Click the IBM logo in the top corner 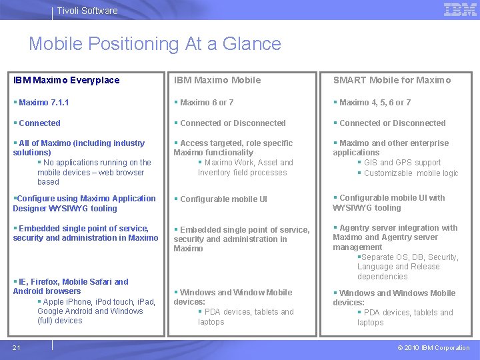(x=460, y=9)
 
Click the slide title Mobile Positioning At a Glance (x=155, y=44)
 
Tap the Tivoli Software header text (x=87, y=11)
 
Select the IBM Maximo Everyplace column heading (x=67, y=80)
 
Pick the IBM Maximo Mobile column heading (x=217, y=80)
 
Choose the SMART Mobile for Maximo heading (x=392, y=80)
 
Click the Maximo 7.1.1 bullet (x=44, y=103)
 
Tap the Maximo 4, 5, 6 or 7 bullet (x=375, y=103)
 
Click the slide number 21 (x=16, y=347)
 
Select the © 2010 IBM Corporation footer (x=433, y=347)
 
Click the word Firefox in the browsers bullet (x=43, y=282)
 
